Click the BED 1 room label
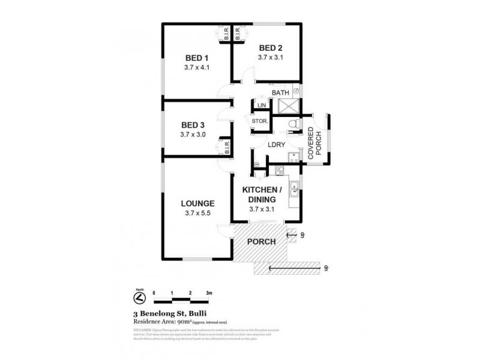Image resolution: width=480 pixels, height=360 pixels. (196, 58)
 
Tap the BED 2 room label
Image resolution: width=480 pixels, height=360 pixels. (271, 48)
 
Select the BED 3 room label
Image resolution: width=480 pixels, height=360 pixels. (193, 125)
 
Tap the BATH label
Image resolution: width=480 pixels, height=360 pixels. (280, 93)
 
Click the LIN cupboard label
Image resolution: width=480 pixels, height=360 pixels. (261, 106)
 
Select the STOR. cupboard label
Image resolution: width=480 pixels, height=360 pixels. (260, 121)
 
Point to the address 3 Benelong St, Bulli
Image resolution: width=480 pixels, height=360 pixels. (163, 313)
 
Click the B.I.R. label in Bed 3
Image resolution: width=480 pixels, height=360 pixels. (228, 148)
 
